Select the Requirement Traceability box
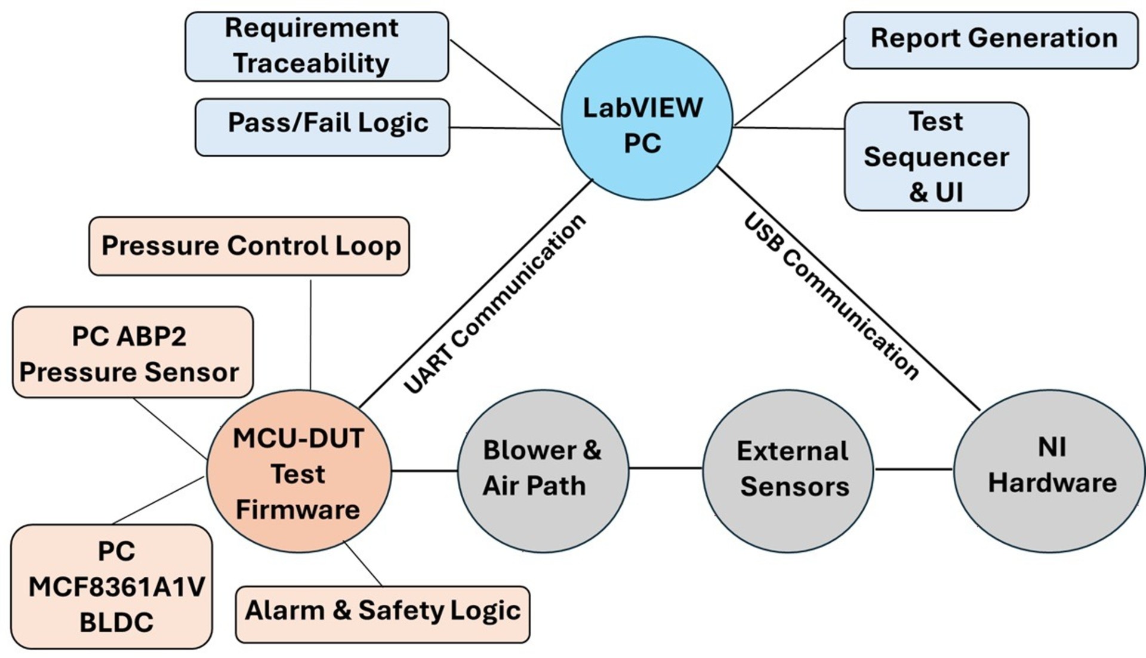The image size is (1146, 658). tap(316, 46)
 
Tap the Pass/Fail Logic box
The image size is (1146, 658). tap(322, 127)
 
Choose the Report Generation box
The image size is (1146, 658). tap(990, 40)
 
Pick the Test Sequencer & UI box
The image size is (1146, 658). tap(936, 156)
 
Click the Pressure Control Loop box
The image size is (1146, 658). tap(249, 246)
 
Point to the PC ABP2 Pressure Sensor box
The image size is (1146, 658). tap(132, 352)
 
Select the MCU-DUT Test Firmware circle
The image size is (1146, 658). tap(299, 472)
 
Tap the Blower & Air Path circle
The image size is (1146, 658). tap(543, 470)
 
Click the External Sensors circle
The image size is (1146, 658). tap(788, 470)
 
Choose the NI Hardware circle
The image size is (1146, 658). tap(1050, 470)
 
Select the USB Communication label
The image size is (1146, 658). tap(831, 297)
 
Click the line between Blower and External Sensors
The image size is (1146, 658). tap(666, 468)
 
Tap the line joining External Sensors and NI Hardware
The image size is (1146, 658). tap(913, 469)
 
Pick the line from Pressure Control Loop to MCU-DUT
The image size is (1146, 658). tap(310, 334)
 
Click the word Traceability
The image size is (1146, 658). tap(311, 63)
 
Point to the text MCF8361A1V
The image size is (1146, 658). tap(116, 587)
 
